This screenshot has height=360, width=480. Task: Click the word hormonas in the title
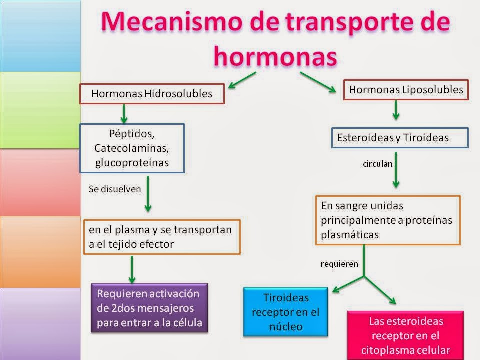[x=274, y=55]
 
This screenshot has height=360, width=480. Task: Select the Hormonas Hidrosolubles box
[x=152, y=93]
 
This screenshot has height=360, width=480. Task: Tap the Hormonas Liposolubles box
[x=406, y=90]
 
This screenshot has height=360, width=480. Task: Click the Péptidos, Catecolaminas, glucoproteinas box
[x=132, y=148]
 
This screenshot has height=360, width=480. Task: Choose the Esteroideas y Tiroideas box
[x=400, y=138]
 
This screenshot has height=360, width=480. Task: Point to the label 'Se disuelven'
[x=115, y=189]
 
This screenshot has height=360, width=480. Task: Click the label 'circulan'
[x=378, y=163]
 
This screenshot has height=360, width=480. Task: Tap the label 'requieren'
[x=339, y=264]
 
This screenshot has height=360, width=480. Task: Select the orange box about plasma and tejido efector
[x=162, y=237]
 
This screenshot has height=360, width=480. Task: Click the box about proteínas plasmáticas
[x=387, y=220]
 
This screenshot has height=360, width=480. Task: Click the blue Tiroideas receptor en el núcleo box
[x=286, y=312]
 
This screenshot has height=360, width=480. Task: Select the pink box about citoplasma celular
[x=405, y=335]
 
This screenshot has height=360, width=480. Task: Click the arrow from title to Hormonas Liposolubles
[x=318, y=82]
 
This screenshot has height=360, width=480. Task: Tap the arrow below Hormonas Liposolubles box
[x=396, y=110]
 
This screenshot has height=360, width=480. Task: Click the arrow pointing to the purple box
[x=132, y=269]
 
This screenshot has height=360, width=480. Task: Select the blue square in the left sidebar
[x=40, y=36]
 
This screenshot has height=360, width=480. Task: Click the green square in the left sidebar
[x=40, y=110]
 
